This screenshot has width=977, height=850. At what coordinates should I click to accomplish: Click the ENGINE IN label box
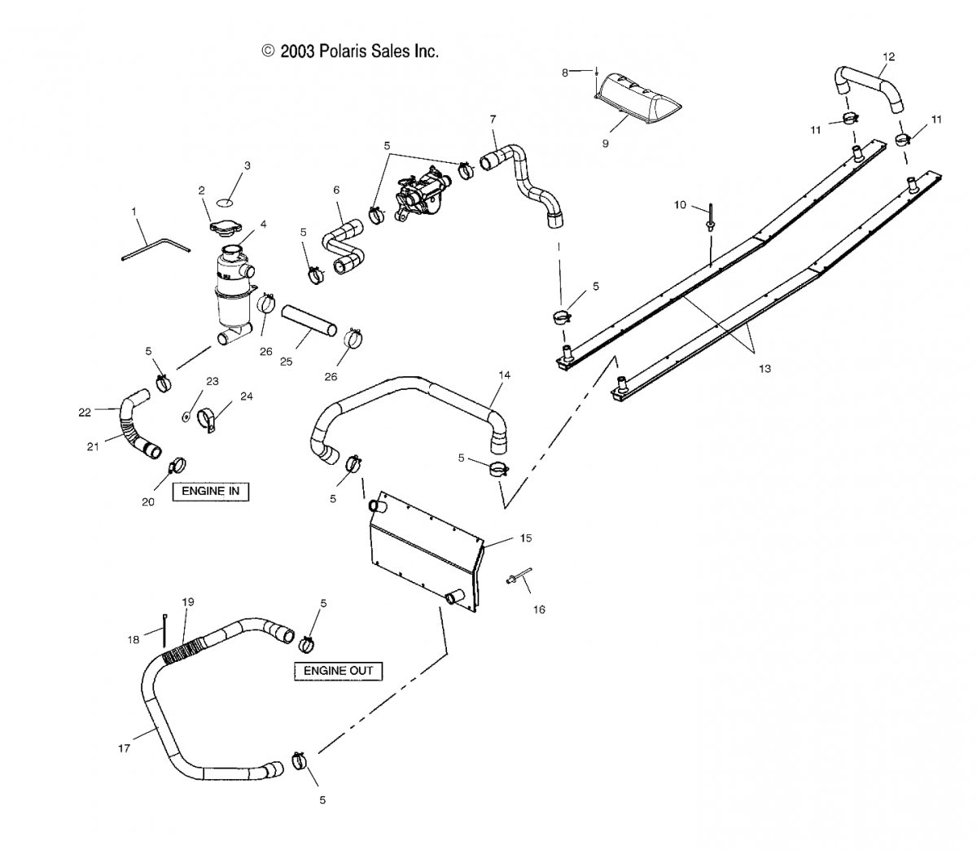tap(210, 491)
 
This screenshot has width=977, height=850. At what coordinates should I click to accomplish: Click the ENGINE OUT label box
tap(338, 670)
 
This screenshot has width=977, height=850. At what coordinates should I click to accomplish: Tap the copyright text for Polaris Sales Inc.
tap(350, 51)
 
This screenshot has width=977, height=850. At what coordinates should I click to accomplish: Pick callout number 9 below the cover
tap(605, 143)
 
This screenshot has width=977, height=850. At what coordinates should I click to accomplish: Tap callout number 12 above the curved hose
tap(888, 56)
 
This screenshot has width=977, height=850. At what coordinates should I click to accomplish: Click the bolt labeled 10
tap(711, 218)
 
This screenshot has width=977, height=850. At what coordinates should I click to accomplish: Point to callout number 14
tap(505, 375)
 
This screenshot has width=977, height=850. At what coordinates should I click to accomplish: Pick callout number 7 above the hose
tap(492, 119)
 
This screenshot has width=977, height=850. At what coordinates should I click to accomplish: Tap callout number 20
tap(147, 502)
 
